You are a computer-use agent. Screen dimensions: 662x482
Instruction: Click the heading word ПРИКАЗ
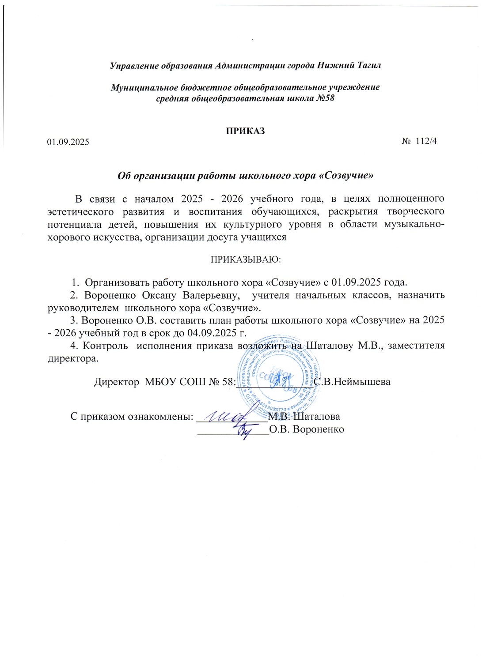point(245,131)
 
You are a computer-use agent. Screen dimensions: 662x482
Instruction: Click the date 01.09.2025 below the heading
point(68,142)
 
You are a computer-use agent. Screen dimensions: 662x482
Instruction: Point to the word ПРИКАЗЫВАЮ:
point(246,259)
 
